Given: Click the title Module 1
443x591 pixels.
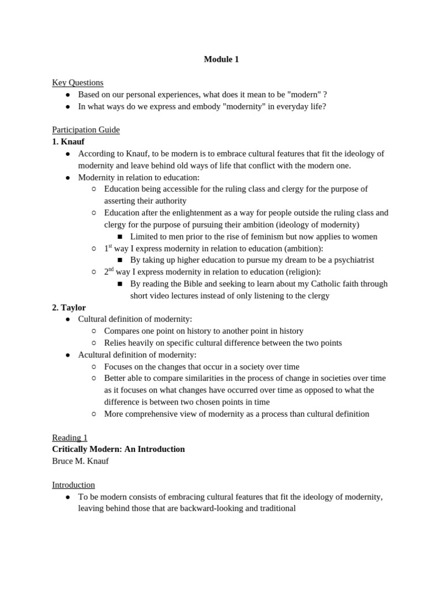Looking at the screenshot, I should pyautogui.click(x=221, y=59).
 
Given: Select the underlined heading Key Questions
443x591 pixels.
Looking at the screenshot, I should pyautogui.click(x=77, y=83).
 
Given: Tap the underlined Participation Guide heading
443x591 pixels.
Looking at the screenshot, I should pyautogui.click(x=85, y=130).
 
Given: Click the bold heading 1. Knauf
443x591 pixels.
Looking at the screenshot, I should pyautogui.click(x=68, y=141).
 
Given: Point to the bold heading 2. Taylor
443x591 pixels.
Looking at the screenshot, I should pyautogui.click(x=69, y=308).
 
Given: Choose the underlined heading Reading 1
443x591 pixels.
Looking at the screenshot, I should pyautogui.click(x=69, y=437).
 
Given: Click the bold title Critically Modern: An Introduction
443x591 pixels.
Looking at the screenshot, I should pyautogui.click(x=118, y=449).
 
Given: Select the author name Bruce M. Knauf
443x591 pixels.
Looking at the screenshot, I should pyautogui.click(x=80, y=461).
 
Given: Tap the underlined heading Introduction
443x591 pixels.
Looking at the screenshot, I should pyautogui.click(x=73, y=485).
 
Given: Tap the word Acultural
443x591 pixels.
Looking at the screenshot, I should pyautogui.click(x=96, y=355).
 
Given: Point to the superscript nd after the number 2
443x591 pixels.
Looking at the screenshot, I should pyautogui.click(x=111, y=270).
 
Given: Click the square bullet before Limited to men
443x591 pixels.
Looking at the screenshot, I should pyautogui.click(x=120, y=237).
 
